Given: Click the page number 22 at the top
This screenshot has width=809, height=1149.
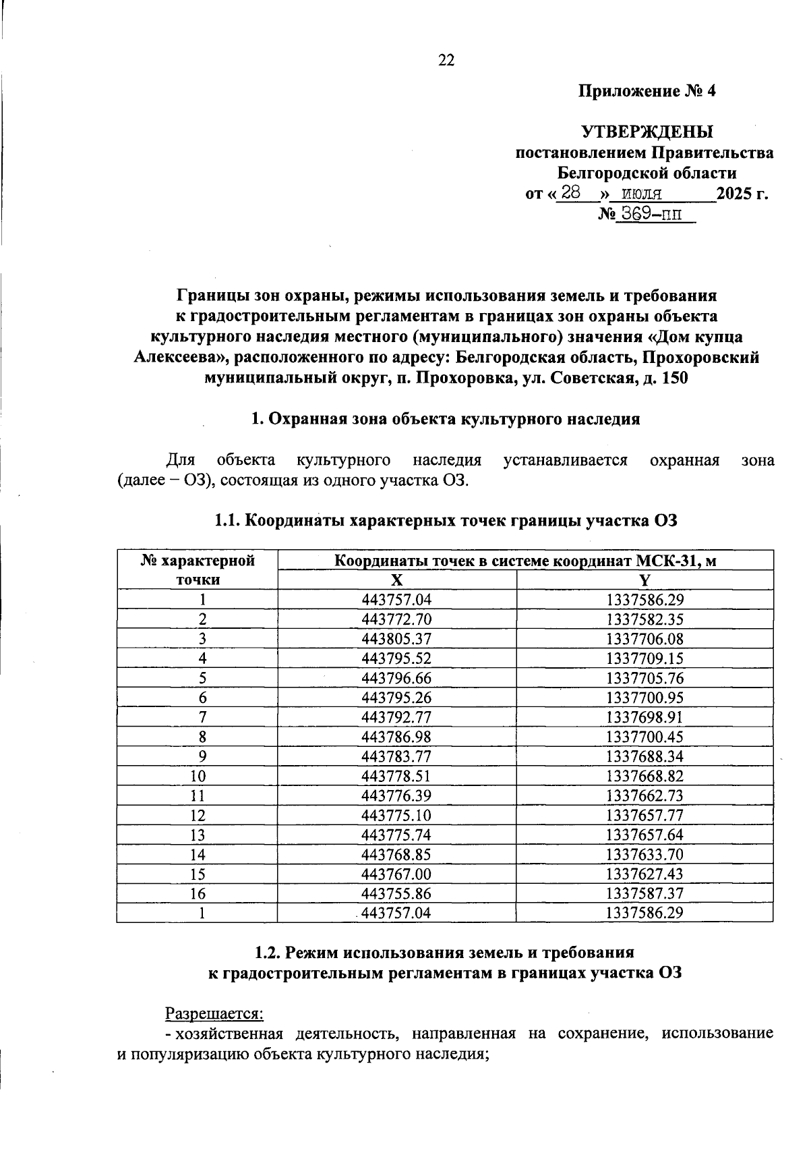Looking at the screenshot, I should tap(446, 61).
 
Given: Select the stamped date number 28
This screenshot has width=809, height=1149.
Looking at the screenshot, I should tap(571, 193).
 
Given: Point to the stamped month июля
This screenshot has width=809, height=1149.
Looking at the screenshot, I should tap(641, 194).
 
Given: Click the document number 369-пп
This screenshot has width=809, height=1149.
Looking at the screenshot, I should tap(651, 215).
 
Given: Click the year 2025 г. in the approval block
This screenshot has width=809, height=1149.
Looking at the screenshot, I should tap(742, 194).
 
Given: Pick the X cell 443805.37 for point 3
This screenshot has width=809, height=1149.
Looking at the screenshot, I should tap(396, 638).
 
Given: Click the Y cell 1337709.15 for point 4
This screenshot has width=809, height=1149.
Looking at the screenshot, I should tap(645, 658).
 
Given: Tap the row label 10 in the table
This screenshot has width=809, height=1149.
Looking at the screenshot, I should tap(198, 776).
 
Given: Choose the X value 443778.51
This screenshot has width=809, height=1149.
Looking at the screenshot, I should tap(396, 776).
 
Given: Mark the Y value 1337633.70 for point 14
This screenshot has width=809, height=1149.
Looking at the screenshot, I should tap(645, 854).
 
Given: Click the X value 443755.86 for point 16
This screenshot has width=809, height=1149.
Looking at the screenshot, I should tap(396, 893).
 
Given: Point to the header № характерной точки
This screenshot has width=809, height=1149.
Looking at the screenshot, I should tap(198, 569).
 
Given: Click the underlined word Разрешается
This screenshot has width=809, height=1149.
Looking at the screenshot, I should tap(214, 1013).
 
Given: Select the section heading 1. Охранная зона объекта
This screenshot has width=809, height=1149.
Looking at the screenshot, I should tap(445, 419).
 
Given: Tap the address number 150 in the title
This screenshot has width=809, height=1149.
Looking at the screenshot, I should tap(675, 378).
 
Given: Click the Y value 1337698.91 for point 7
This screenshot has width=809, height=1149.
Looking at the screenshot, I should tap(645, 717).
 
